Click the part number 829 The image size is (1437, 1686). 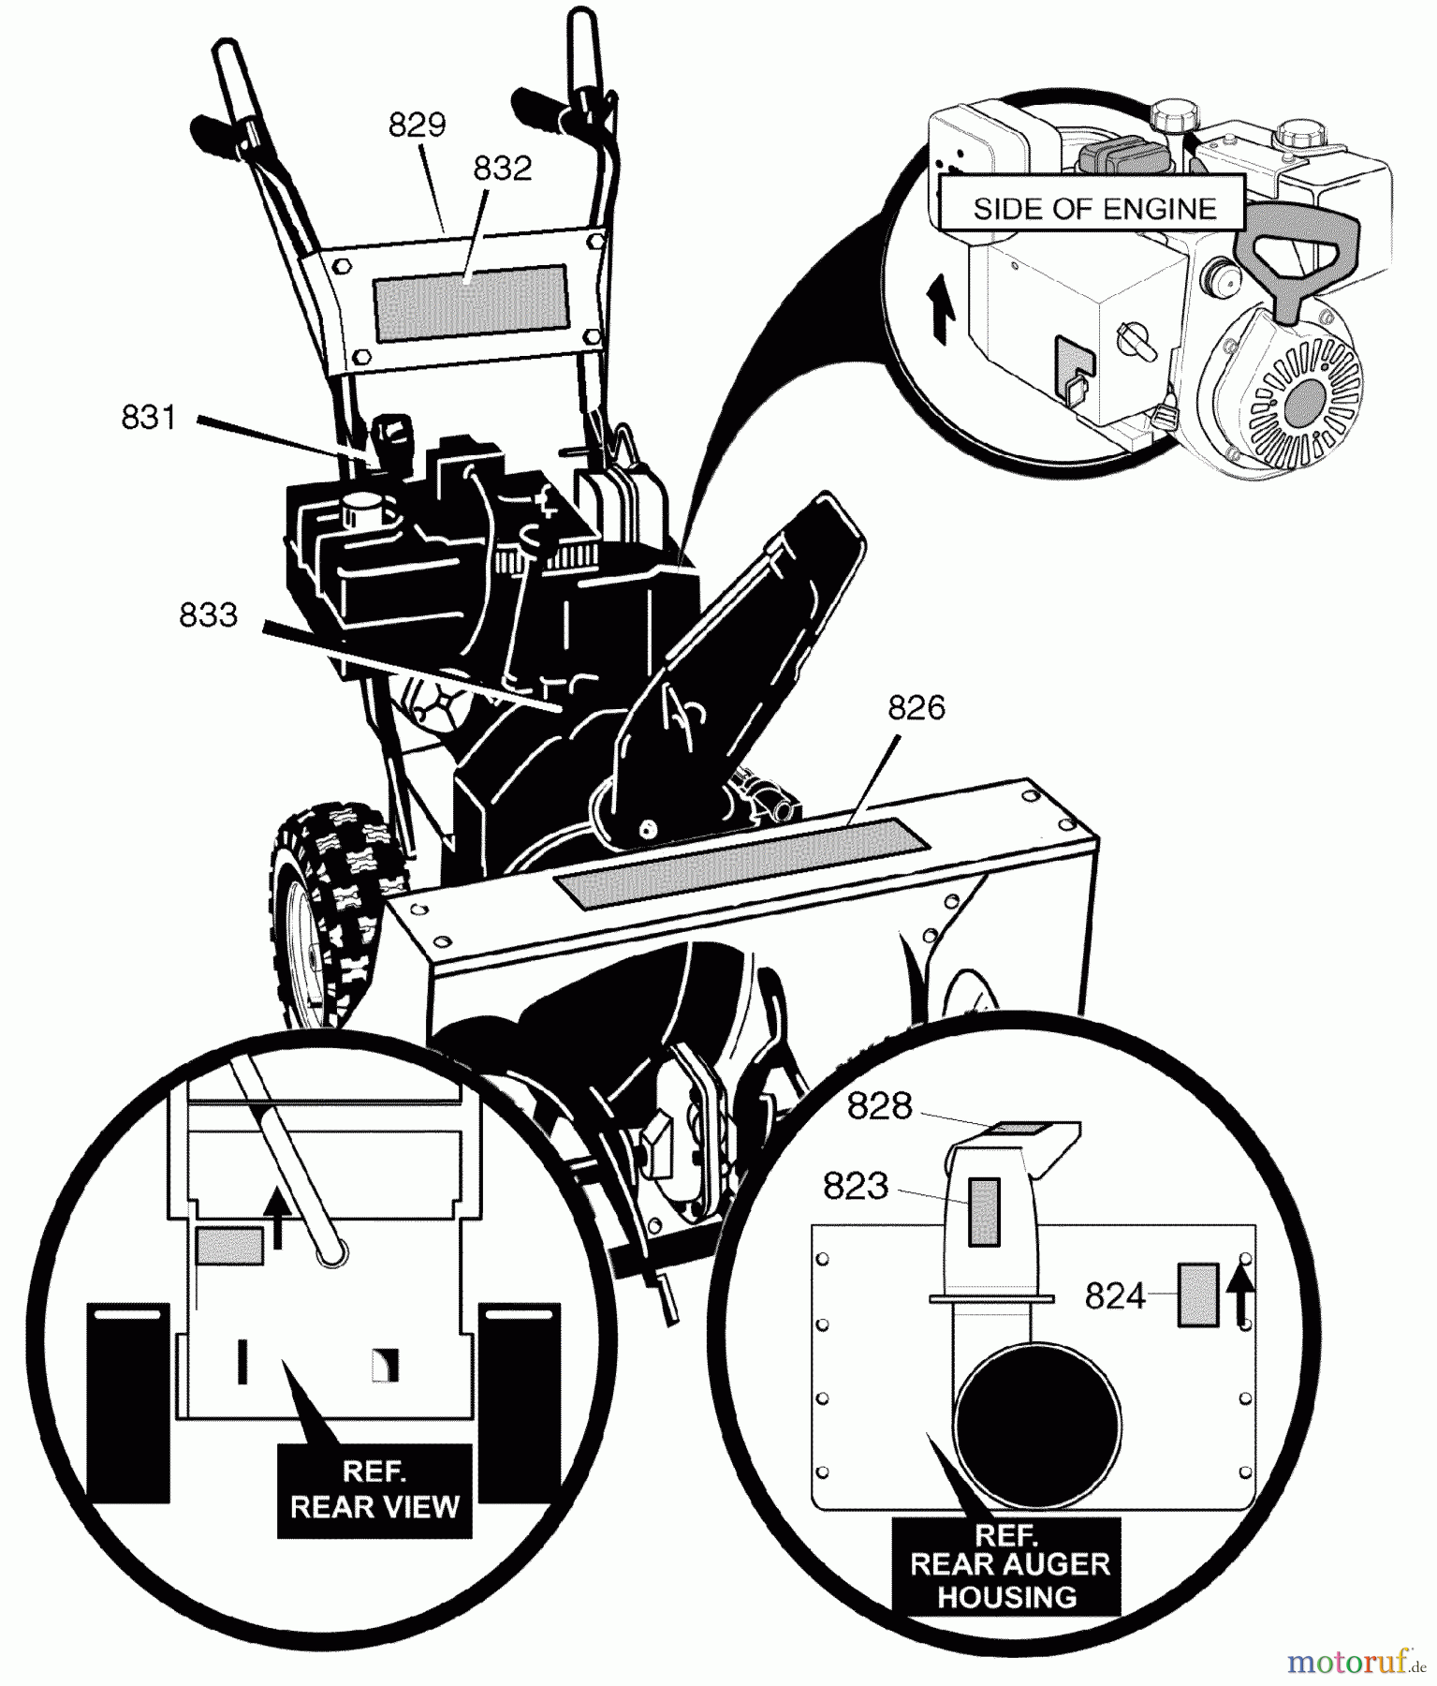pos(418,125)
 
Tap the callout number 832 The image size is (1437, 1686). pos(502,169)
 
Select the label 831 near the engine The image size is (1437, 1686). pos(149,417)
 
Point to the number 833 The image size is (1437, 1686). pos(208,615)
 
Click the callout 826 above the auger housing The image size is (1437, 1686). pos(916,708)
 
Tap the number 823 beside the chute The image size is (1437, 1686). pos(855,1187)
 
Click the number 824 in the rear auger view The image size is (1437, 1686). pos(1115,1296)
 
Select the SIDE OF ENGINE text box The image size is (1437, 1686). pos(1093,208)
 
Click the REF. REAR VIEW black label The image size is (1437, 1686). pos(374,1489)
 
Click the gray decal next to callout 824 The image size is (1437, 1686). pos(1198,1294)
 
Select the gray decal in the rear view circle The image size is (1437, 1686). pos(229,1247)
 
